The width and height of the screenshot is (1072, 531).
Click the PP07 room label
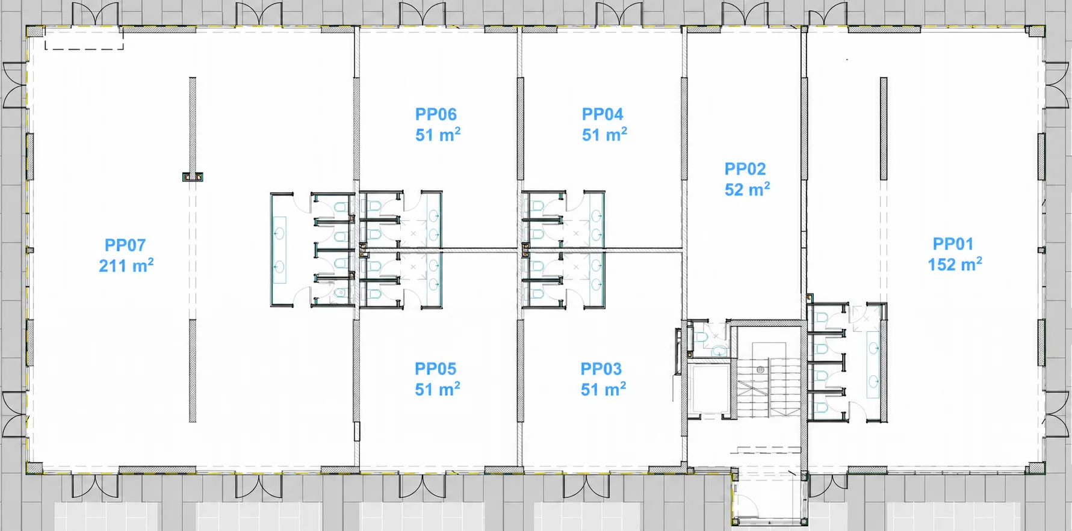[125, 245]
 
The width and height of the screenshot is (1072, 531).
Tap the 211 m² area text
[126, 265]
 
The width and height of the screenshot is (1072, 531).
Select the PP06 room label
[436, 114]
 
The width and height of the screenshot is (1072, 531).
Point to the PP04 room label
[603, 114]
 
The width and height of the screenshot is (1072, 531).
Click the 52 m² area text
[747, 189]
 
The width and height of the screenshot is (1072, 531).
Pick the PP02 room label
[745, 169]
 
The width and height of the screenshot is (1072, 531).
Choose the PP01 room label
[953, 244]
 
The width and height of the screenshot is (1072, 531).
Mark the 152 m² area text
[955, 264]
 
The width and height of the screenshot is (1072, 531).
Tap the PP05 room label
[435, 369]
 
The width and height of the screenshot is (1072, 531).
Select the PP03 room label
[601, 369]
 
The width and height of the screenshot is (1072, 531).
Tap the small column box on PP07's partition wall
[193, 177]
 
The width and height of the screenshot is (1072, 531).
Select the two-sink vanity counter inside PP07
[279, 250]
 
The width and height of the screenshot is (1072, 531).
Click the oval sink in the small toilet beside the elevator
[718, 351]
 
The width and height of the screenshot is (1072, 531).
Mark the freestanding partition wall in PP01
[883, 128]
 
